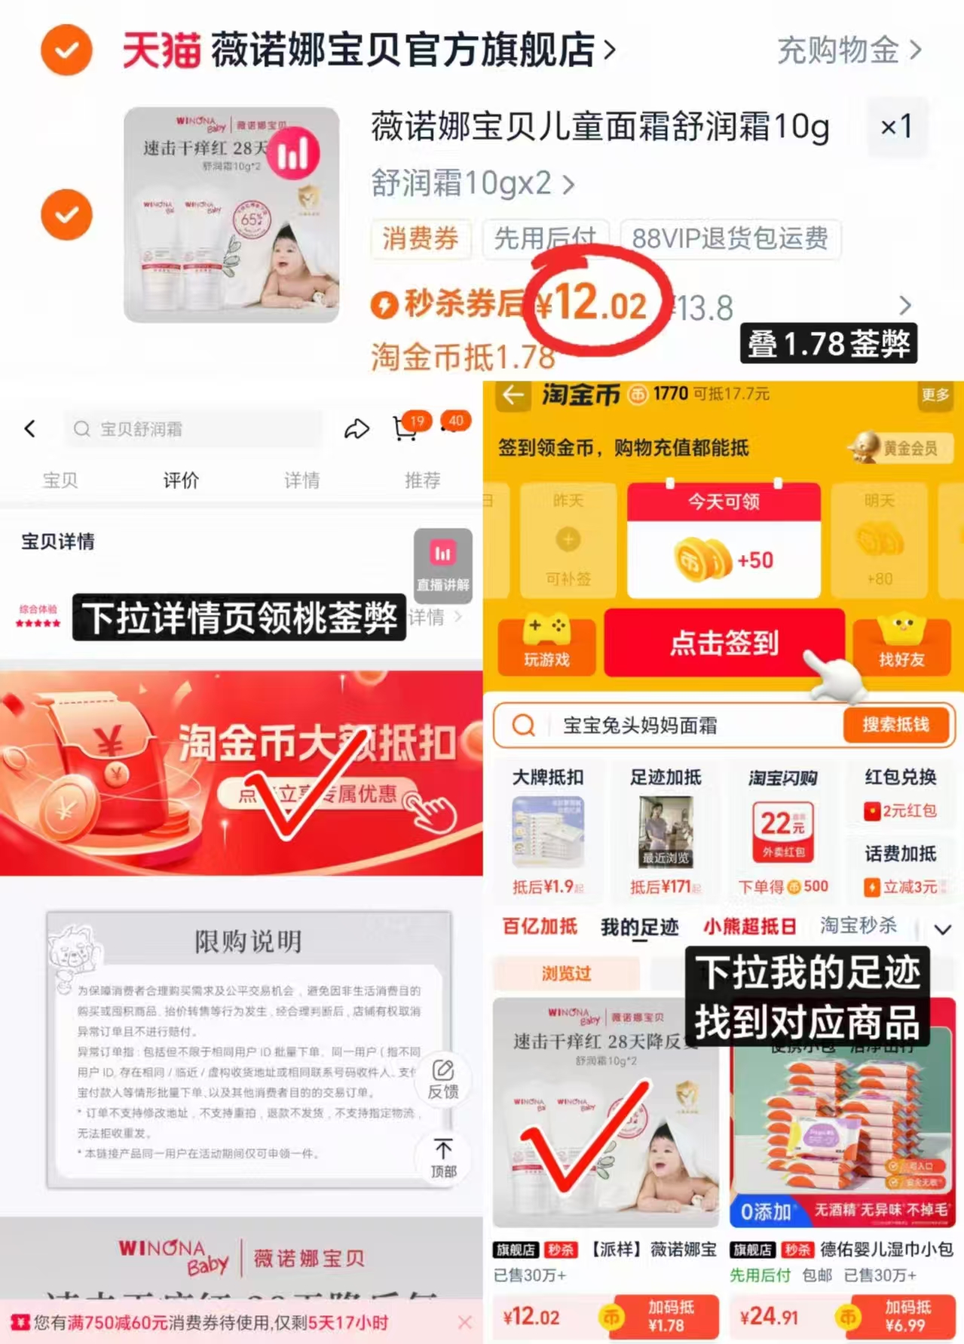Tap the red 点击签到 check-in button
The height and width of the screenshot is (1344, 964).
coord(724,643)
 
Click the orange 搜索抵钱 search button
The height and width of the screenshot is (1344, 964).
coord(895,725)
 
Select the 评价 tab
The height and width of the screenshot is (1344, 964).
coord(181,480)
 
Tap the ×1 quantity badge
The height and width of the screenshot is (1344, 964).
coord(896,127)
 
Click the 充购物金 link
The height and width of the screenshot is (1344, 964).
coord(849,51)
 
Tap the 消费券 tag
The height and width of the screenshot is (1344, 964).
coord(420,238)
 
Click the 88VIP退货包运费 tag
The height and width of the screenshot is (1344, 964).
coord(729,238)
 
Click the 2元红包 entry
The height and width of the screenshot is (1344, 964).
coord(901,811)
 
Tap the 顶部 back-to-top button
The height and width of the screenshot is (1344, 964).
coord(443,1158)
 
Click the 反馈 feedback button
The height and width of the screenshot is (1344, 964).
coord(443,1079)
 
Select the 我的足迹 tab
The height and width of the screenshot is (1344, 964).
coord(639,927)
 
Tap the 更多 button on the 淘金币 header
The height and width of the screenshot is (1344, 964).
coord(935,394)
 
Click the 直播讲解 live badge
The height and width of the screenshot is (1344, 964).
coord(443,566)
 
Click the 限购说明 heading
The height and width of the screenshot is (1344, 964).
coord(248,941)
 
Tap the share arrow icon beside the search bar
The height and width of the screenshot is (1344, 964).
coord(357,429)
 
